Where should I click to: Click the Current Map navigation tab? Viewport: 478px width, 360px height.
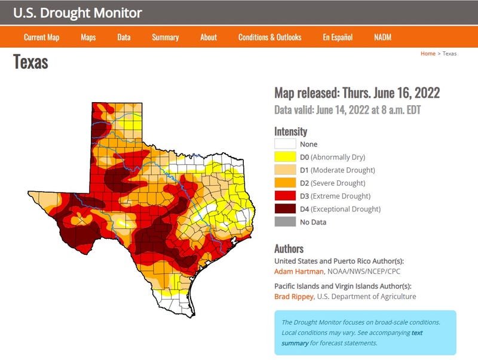click(41, 37)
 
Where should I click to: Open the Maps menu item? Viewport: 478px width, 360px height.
click(88, 37)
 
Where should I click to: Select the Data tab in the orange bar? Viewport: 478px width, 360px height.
click(124, 37)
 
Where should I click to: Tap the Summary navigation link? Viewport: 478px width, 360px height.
click(165, 37)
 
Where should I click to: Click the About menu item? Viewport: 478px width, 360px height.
click(209, 37)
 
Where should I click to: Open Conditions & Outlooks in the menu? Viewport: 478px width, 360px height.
click(269, 37)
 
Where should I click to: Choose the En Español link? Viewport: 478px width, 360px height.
click(338, 37)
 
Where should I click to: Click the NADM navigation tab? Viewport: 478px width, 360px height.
click(383, 37)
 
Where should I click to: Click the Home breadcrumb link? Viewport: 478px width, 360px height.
click(428, 54)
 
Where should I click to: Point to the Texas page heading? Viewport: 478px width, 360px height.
click(30, 61)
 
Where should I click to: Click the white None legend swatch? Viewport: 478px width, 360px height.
click(285, 144)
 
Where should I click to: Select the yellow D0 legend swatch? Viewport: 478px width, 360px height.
click(285, 157)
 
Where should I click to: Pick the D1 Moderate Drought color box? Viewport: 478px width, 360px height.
click(285, 170)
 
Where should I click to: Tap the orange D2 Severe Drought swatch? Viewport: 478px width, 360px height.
click(285, 183)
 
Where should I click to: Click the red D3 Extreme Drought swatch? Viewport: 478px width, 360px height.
click(285, 196)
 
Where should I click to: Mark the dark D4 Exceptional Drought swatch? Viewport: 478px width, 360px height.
click(285, 209)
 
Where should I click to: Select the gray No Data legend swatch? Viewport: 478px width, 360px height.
click(285, 222)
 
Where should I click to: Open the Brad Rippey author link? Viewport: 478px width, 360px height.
click(292, 297)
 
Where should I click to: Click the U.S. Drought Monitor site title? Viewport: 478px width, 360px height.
click(78, 13)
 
